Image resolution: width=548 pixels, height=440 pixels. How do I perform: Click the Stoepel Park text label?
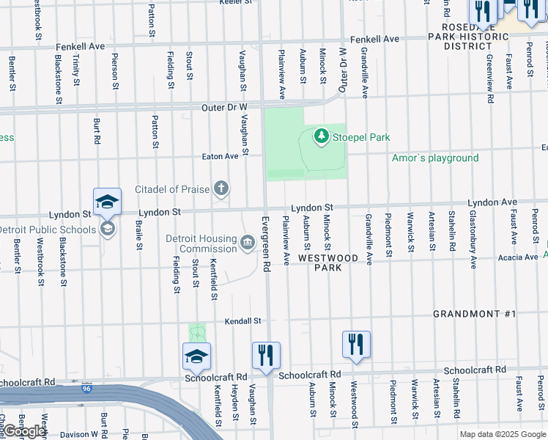pyautogui.click(x=360, y=137)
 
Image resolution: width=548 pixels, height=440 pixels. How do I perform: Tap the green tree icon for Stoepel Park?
pyautogui.click(x=321, y=136)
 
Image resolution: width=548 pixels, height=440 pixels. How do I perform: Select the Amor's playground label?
pyautogui.click(x=434, y=158)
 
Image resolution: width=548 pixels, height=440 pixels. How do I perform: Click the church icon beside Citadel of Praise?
pyautogui.click(x=221, y=189)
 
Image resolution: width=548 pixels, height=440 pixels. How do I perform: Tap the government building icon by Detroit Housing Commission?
pyautogui.click(x=248, y=241)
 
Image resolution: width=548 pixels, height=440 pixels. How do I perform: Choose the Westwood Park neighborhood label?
pyautogui.click(x=327, y=263)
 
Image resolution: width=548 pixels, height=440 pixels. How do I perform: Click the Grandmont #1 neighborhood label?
pyautogui.click(x=475, y=314)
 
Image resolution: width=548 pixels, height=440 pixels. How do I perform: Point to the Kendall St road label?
pyautogui.click(x=243, y=321)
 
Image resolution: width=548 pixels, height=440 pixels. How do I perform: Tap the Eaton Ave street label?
pyautogui.click(x=221, y=156)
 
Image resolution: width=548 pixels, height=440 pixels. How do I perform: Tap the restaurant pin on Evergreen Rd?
pyautogui.click(x=264, y=356)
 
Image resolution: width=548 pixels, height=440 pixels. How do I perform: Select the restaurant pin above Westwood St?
pyautogui.click(x=356, y=344)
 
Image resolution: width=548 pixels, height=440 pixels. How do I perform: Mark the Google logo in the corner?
pyautogui.click(x=24, y=432)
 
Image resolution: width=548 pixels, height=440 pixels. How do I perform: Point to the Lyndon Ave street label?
pyautogui.click(x=492, y=202)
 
